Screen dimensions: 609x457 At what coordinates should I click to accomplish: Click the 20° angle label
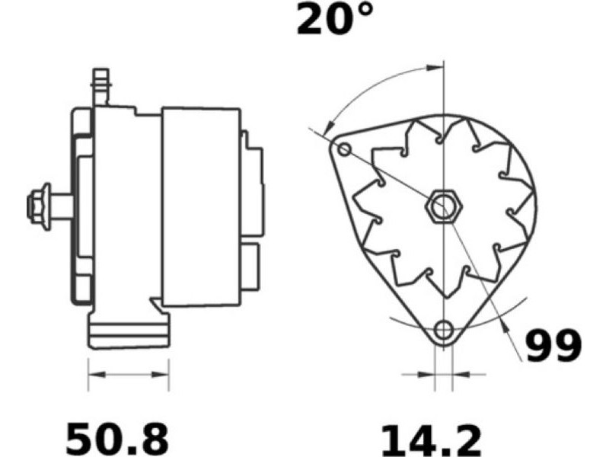pyautogui.click(x=335, y=18)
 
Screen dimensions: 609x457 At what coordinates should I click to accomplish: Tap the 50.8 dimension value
pyautogui.click(x=118, y=436)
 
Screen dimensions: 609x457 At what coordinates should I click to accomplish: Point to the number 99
pyautogui.click(x=554, y=346)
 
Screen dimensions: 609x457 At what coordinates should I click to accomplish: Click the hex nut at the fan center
pyautogui.click(x=443, y=206)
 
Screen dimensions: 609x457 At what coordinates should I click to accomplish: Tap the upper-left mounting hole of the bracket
pyautogui.click(x=344, y=149)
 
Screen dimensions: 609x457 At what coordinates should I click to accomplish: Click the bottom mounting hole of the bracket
pyautogui.click(x=443, y=331)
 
